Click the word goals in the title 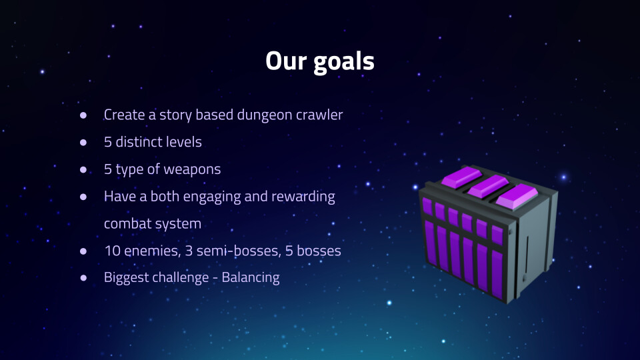(x=344, y=62)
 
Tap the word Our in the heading (x=286, y=61)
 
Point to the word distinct (x=138, y=142)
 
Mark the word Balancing (x=251, y=278)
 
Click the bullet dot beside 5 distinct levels (x=83, y=143)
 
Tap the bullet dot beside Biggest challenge (x=83, y=278)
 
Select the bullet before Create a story (x=83, y=115)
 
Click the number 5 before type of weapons (x=108, y=169)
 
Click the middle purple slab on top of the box (x=488, y=186)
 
